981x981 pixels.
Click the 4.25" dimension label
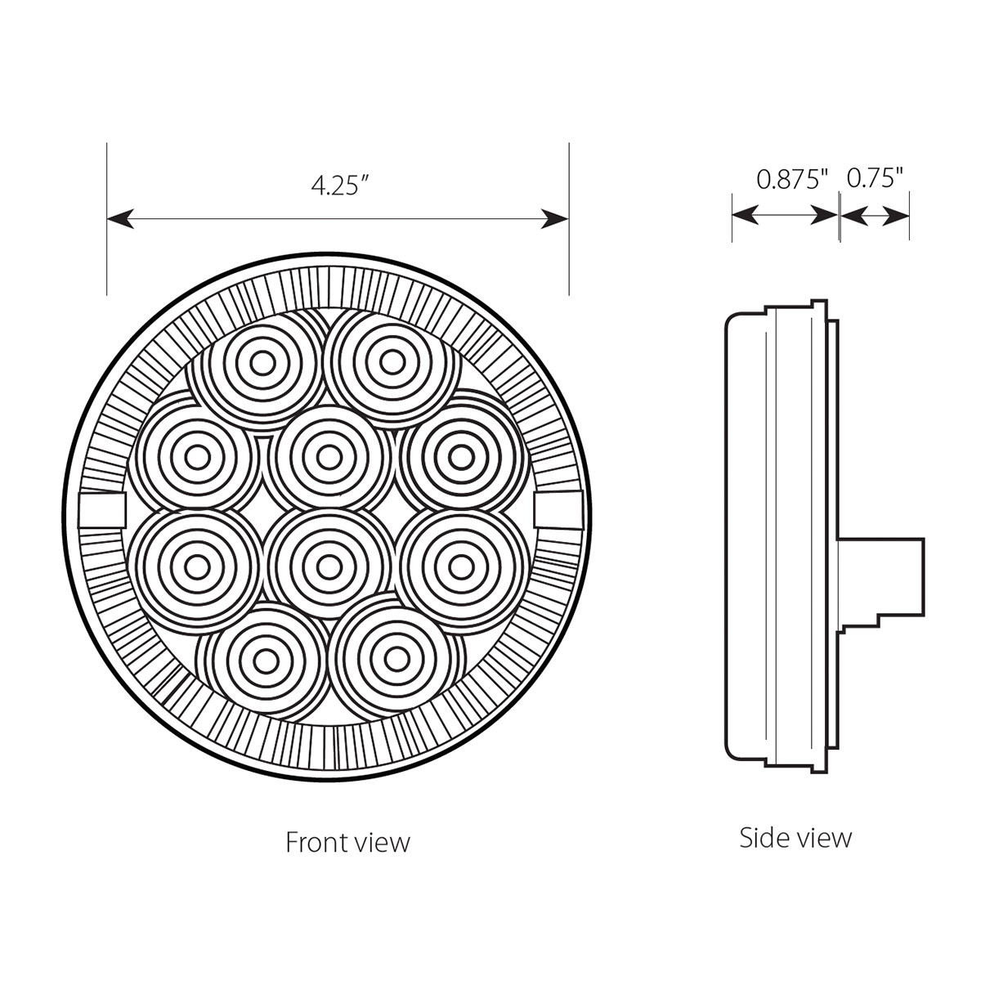(x=335, y=186)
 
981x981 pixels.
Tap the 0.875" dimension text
(x=792, y=179)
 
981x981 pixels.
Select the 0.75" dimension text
(x=874, y=179)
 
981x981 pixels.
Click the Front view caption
(x=347, y=843)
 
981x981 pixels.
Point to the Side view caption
(x=795, y=837)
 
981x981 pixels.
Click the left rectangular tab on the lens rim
(x=104, y=510)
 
